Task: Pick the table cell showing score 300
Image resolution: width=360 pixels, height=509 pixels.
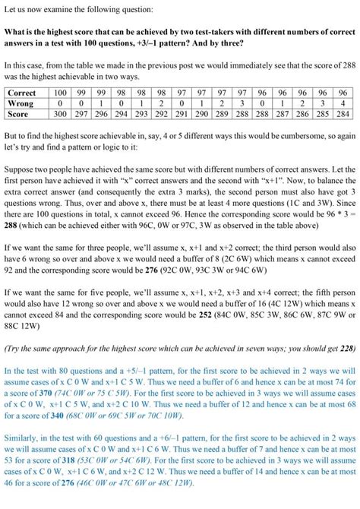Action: tap(62, 114)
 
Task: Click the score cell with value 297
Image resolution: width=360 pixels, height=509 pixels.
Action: tap(83, 114)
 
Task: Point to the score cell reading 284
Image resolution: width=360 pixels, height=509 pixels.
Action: tap(343, 114)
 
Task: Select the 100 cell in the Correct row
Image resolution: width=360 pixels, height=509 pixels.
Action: tap(62, 93)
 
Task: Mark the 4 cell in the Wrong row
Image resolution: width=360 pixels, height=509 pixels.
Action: tap(343, 103)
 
